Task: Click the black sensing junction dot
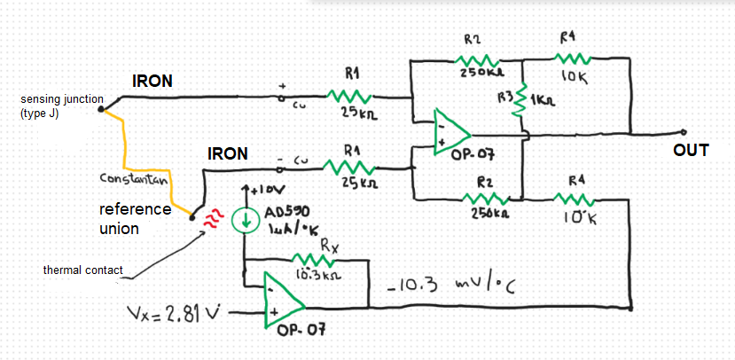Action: [101, 109]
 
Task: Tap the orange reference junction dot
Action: [192, 216]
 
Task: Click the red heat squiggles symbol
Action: [211, 220]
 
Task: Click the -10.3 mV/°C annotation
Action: [452, 286]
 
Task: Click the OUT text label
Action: [691, 151]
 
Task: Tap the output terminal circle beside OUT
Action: [684, 132]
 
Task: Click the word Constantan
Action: [136, 179]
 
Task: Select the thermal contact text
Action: [83, 270]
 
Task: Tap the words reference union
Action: [135, 218]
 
